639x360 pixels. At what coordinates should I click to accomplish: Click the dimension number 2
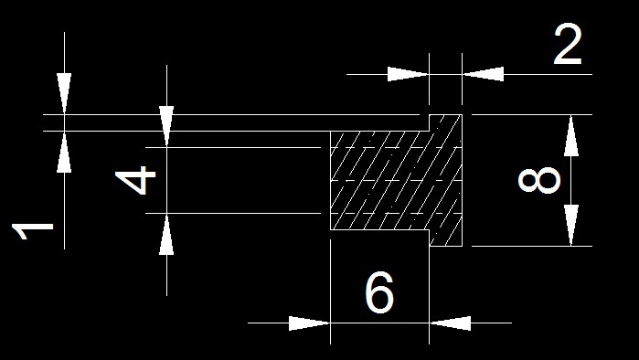click(568, 45)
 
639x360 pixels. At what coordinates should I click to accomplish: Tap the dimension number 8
click(539, 180)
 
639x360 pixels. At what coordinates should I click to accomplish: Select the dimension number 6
click(379, 292)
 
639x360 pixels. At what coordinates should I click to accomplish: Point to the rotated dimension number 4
click(135, 180)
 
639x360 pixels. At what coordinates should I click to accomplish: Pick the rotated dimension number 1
click(33, 232)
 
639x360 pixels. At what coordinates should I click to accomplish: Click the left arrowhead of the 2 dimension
click(408, 75)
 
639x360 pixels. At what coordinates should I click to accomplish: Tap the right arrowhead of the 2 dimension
click(483, 75)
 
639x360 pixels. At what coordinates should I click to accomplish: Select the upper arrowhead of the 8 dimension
click(571, 135)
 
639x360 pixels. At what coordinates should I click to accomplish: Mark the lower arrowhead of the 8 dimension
click(571, 225)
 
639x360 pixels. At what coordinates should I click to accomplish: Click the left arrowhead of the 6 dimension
click(309, 323)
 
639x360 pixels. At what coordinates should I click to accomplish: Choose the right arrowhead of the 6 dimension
click(450, 323)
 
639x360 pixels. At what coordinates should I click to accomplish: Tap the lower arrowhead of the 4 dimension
click(166, 234)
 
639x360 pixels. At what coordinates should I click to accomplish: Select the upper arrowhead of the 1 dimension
click(64, 94)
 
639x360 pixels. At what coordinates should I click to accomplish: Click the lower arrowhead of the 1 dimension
click(64, 152)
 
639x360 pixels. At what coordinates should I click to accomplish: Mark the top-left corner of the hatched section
click(331, 132)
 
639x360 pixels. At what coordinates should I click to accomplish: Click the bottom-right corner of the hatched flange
click(462, 246)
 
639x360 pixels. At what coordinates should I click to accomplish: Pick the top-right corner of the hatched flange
click(462, 115)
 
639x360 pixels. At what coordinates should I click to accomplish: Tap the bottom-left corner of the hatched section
click(331, 229)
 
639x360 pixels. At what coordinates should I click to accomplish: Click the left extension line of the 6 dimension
click(331, 291)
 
